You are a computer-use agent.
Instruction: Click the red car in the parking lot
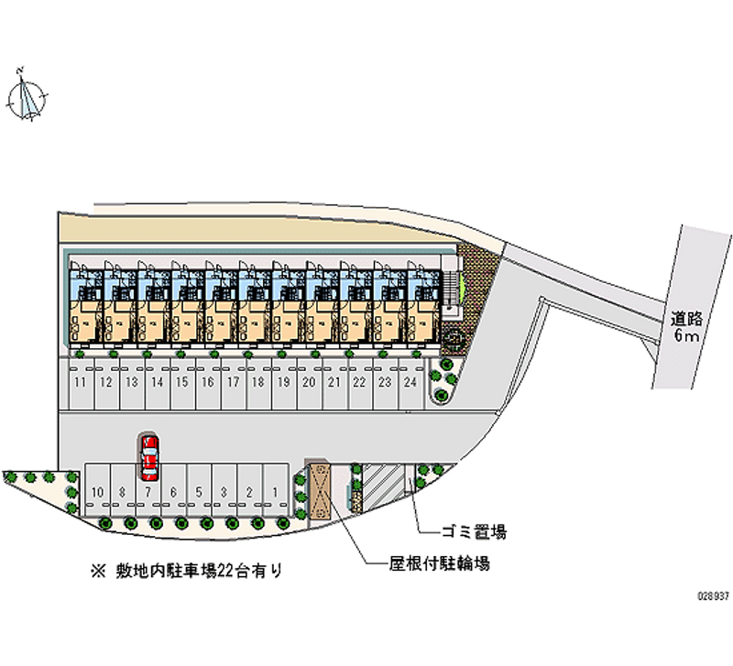[x=149, y=458]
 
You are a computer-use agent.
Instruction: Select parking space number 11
[x=81, y=382]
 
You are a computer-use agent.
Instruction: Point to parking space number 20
[x=309, y=382]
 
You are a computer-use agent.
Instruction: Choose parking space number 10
[x=97, y=492]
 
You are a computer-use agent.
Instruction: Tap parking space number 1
[x=275, y=492]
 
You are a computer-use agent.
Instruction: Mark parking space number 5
[x=199, y=492]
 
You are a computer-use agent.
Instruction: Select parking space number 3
[x=224, y=492]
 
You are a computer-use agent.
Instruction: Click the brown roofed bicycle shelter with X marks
[x=321, y=489]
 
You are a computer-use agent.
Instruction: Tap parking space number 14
[x=157, y=382]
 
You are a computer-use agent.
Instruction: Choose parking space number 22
[x=359, y=382]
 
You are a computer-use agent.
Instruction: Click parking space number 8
[x=123, y=492]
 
